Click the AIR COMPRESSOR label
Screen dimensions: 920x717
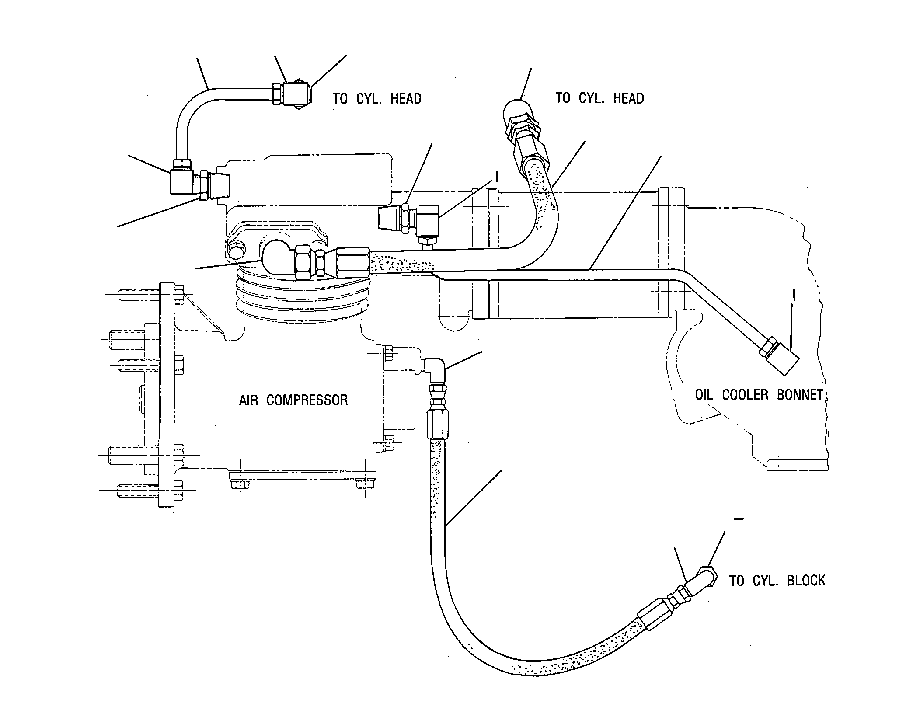(x=293, y=400)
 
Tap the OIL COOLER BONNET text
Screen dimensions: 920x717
(x=759, y=395)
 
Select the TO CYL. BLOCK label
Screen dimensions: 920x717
(x=777, y=581)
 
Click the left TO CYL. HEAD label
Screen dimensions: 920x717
(x=377, y=98)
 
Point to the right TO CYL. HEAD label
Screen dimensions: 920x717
(x=599, y=98)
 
